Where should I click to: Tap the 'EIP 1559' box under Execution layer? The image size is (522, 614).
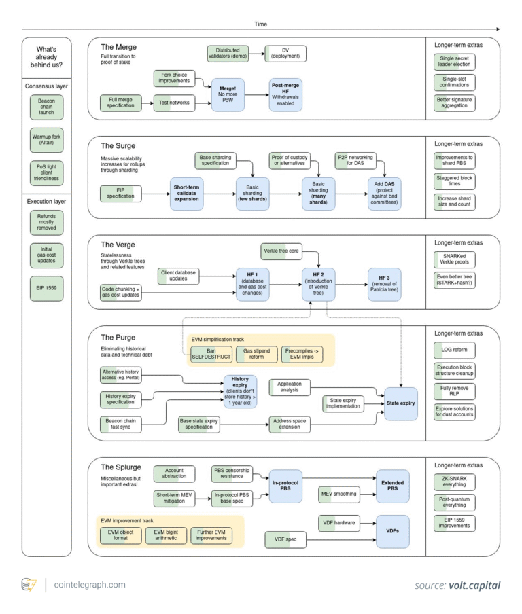47,289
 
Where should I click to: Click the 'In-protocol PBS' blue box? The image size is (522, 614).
290,486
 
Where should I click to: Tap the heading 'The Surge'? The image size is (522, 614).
118,145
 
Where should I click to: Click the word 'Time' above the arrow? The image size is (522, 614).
261,23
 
